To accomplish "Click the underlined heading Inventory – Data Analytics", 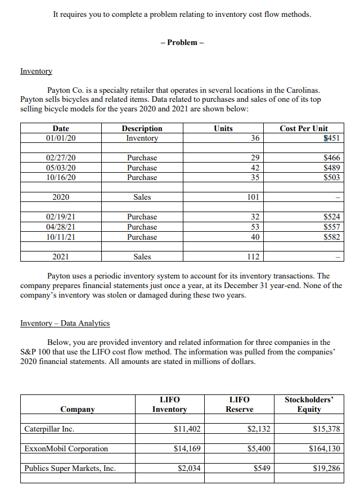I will click(65, 323).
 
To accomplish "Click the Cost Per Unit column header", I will click(304, 128).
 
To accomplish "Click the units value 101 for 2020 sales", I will click(253, 197).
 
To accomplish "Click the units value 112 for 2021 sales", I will click(253, 257).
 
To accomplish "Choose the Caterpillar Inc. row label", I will click(49, 429).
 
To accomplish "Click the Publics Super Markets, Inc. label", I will click(71, 468).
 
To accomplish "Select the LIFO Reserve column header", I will click(239, 404).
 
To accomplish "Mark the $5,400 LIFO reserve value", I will click(259, 448).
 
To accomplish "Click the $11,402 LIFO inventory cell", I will click(188, 429).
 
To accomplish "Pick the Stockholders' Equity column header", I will click(309, 404).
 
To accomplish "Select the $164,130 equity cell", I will click(325, 448).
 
